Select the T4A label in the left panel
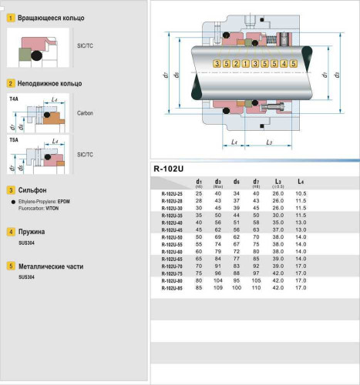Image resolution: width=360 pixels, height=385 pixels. point(14,99)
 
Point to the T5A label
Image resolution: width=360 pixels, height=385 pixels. point(14,141)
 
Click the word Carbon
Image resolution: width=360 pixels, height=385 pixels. point(85,112)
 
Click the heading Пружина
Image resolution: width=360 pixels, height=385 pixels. point(34,231)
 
